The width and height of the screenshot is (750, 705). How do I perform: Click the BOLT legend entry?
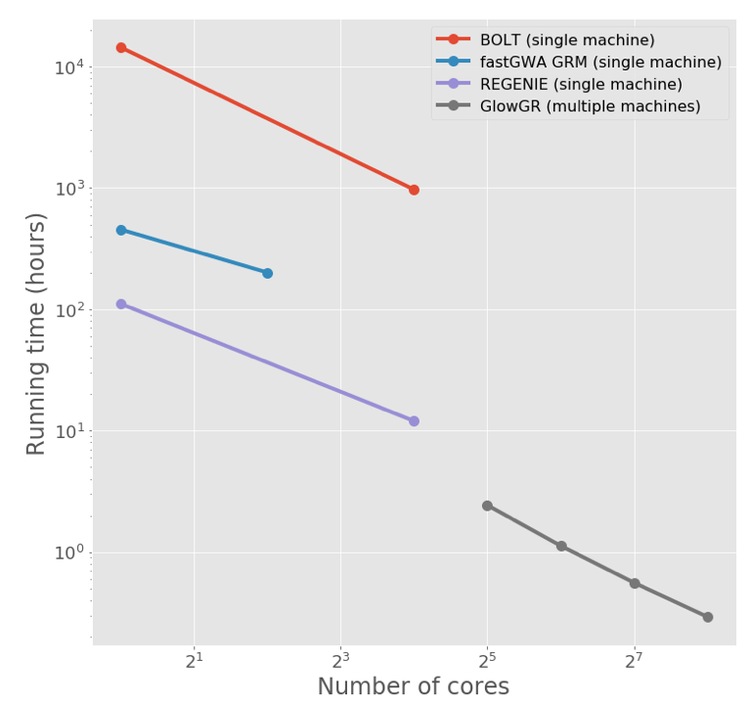tap(567, 40)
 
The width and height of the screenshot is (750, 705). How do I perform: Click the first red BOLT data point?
tap(121, 47)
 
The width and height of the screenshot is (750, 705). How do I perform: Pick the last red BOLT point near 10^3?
tap(414, 190)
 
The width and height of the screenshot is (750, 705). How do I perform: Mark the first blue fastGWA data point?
tap(121, 230)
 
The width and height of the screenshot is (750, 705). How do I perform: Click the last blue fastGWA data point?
tap(267, 273)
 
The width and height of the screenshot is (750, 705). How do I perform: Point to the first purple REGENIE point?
tap(121, 304)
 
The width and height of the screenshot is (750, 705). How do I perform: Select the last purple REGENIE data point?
tap(414, 421)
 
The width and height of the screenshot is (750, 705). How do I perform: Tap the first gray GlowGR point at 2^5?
tap(487, 506)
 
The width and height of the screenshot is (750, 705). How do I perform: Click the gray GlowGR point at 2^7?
tap(635, 583)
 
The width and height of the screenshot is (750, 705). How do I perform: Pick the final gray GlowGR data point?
tap(707, 617)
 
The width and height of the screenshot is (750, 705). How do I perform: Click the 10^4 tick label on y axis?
tap(69, 66)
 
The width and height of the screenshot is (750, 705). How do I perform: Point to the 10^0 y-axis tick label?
tap(69, 552)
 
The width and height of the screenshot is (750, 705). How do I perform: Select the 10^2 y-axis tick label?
tap(69, 309)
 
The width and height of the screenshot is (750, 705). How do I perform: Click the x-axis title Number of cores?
tap(413, 686)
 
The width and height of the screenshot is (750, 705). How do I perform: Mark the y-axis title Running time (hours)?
tap(36, 333)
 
